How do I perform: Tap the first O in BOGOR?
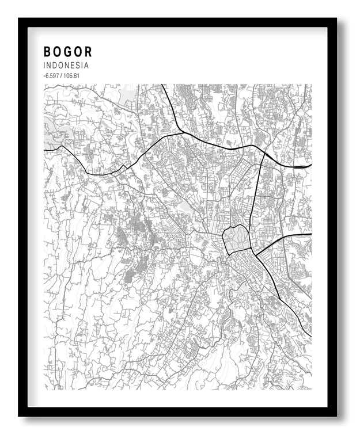[x=58, y=51]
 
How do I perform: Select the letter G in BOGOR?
[x=69, y=51]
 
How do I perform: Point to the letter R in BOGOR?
[x=88, y=51]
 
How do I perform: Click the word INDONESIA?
[x=66, y=66]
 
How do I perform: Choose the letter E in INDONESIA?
[x=73, y=66]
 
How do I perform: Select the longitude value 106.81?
[x=71, y=76]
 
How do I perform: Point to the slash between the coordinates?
[x=61, y=76]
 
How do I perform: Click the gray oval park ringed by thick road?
[x=236, y=239]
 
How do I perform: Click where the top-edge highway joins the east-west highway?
[x=182, y=133]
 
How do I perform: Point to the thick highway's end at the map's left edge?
[x=45, y=150]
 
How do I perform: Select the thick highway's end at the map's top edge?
[x=163, y=86]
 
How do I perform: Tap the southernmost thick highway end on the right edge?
[x=310, y=336]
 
